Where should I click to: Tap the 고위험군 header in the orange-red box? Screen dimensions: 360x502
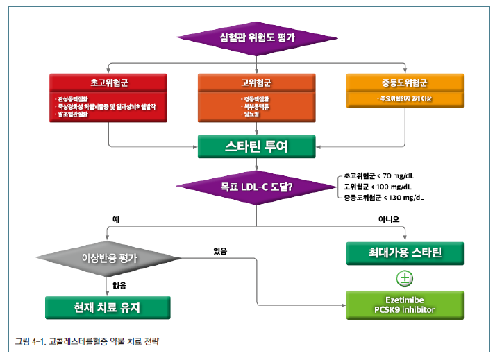coord(256,82)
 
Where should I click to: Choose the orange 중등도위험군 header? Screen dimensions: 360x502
coord(404,82)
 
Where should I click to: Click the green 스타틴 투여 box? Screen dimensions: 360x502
coord(256,147)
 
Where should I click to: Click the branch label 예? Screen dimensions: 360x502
coord(116,218)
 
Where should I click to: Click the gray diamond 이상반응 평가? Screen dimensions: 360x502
coord(109,258)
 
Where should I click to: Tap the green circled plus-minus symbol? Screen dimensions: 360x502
coord(404,279)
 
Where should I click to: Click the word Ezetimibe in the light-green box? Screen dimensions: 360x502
coord(404,301)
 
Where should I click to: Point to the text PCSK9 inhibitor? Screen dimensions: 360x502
coord(404,309)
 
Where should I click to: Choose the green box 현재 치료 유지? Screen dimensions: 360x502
coord(108,307)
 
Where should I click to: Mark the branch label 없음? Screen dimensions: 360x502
coord(119,284)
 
